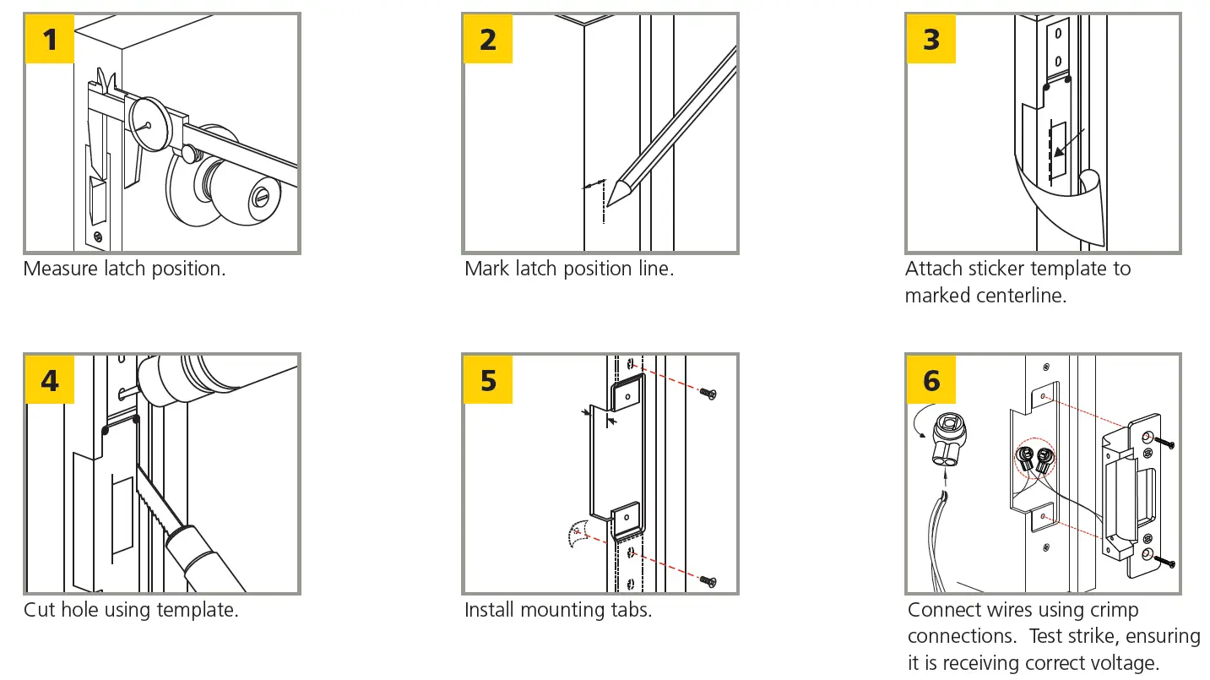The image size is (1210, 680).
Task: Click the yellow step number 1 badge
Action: (51, 39)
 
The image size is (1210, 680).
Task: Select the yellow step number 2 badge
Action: (488, 39)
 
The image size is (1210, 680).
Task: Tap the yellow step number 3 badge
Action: (931, 39)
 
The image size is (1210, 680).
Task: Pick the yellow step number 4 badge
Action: (51, 380)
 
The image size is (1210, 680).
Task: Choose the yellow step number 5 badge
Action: (488, 380)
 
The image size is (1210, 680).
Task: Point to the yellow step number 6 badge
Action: (931, 380)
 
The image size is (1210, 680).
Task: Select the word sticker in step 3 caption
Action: (993, 269)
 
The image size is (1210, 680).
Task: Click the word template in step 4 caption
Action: (201, 610)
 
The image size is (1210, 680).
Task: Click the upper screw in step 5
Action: (708, 394)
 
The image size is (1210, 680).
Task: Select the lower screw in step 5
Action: (708, 581)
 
